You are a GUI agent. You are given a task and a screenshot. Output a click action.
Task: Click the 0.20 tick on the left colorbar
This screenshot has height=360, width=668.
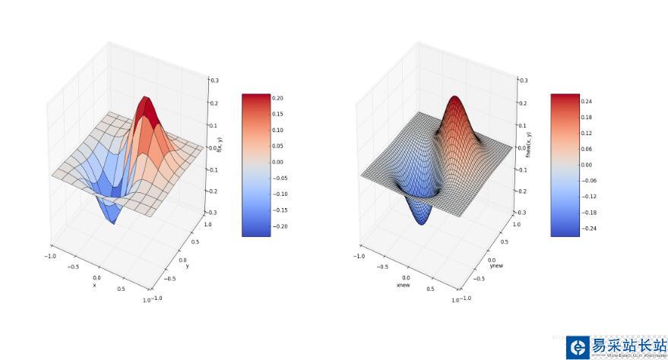point(277,98)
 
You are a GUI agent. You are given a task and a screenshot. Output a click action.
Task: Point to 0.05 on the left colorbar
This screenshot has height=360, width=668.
point(277,146)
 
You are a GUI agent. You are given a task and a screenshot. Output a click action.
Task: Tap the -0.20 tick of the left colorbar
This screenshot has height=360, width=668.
point(279,226)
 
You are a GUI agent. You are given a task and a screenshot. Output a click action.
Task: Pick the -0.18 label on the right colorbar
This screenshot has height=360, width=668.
point(587,213)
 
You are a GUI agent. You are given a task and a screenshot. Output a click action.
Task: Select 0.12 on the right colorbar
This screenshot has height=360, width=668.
point(586,133)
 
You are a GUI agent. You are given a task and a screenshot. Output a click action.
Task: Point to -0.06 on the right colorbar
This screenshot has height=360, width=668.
point(587,181)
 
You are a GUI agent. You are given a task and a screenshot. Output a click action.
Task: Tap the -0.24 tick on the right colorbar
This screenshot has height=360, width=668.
point(587,229)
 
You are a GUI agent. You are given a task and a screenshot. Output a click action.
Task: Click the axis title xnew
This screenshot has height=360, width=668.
point(404,286)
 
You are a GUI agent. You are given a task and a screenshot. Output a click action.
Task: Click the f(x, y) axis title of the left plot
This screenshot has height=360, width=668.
point(220,145)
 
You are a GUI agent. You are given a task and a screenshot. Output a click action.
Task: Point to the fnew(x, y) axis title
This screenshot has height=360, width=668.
point(529,145)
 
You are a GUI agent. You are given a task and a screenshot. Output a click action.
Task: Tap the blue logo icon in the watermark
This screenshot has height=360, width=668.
point(578,348)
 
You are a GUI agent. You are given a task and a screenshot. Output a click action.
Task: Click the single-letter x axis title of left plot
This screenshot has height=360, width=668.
point(94,286)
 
